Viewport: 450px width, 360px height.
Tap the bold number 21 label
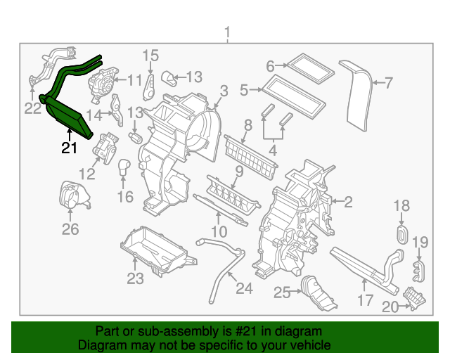tap(68, 148)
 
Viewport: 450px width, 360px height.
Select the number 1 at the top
tap(226, 32)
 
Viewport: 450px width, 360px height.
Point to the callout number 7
tap(389, 84)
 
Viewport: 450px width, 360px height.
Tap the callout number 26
tap(70, 229)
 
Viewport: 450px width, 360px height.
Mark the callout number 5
tap(244, 90)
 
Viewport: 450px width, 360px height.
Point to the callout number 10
tap(219, 231)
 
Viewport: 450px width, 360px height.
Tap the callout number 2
tap(347, 202)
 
